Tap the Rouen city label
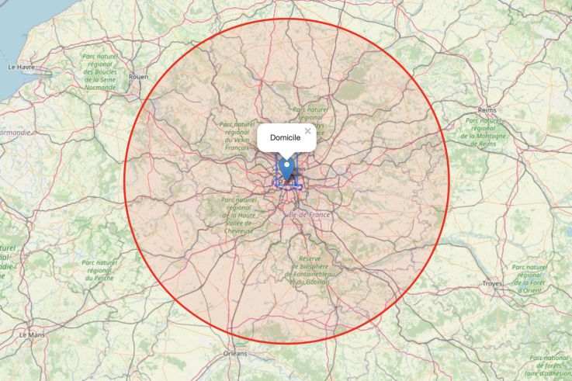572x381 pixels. [138, 77]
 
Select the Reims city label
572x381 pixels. [487, 111]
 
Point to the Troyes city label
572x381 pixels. [491, 284]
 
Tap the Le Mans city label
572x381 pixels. [32, 334]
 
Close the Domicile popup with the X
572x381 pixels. [308, 131]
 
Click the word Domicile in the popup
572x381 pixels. [284, 137]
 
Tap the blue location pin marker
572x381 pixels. [288, 168]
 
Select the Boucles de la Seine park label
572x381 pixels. [99, 71]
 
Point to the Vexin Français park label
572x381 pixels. [236, 135]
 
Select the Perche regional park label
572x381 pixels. [99, 270]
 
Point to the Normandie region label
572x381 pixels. [16, 133]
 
